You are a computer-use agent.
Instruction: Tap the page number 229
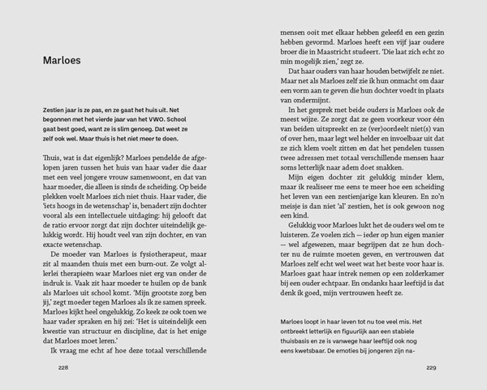[431, 366]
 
